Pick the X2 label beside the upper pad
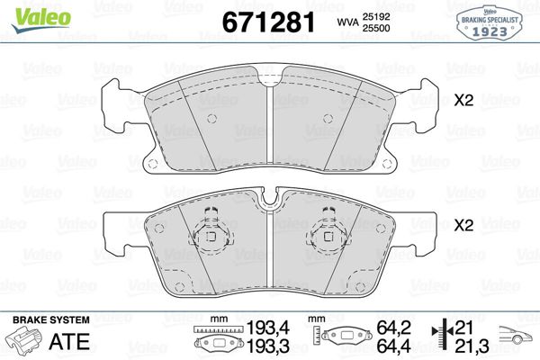tap(463, 101)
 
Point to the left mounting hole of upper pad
tap(151, 164)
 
